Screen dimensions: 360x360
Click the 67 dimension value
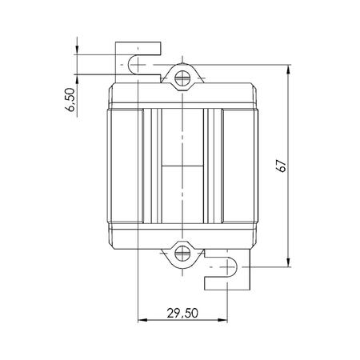pyautogui.click(x=282, y=166)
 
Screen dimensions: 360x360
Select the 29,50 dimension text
pyautogui.click(x=182, y=313)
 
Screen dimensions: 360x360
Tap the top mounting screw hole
pyautogui.click(x=182, y=78)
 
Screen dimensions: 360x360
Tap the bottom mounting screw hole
pyautogui.click(x=182, y=254)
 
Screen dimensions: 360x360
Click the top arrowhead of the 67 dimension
pyautogui.click(x=288, y=69)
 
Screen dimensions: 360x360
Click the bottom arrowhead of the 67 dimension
pyautogui.click(x=288, y=262)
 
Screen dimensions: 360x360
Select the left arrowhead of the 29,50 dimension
pyautogui.click(x=142, y=320)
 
